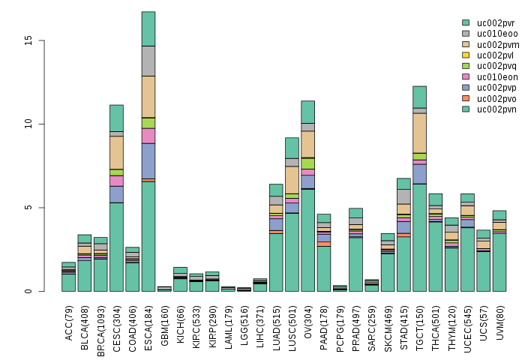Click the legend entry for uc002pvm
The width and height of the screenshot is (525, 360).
click(x=492, y=44)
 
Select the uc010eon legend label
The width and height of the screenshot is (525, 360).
click(x=492, y=76)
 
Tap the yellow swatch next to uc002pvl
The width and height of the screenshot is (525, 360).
click(x=466, y=55)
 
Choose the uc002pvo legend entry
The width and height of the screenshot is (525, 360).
click(x=492, y=98)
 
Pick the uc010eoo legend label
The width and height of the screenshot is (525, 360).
click(x=492, y=34)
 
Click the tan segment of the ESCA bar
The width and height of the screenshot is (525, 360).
click(x=148, y=97)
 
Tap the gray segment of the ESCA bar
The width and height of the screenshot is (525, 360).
click(x=148, y=61)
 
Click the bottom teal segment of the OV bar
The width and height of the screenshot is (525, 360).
click(x=308, y=240)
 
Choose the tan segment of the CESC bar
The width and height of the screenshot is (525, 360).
click(x=116, y=152)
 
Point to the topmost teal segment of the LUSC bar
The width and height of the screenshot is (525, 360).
click(x=292, y=148)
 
